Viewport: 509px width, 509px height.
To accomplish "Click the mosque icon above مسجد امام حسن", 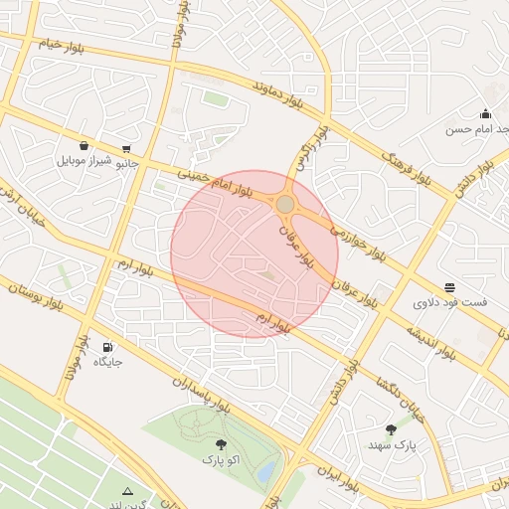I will coord(485,113).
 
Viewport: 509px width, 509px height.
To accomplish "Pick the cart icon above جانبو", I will coord(125,149).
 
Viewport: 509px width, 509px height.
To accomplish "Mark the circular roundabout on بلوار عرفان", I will coord(285,204).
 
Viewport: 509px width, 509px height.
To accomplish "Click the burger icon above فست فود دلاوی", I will coord(450,286).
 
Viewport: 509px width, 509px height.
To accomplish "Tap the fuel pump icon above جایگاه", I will coord(106,347).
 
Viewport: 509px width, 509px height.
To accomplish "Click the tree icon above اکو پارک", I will coord(220,444).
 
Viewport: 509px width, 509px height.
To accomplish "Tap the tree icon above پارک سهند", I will coord(391,429).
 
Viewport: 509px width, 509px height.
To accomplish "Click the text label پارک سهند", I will coord(390,446).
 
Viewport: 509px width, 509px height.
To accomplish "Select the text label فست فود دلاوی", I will coord(449,301).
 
